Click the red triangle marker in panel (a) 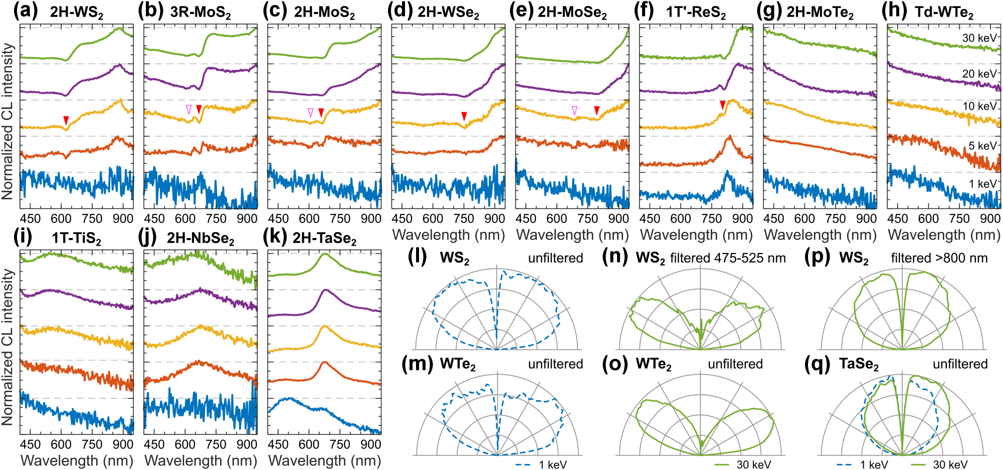pyautogui.click(x=66, y=120)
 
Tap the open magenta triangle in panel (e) pyautogui.click(x=574, y=110)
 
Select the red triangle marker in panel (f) pyautogui.click(x=722, y=105)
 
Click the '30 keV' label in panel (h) pyautogui.click(x=979, y=38)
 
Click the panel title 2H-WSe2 pyautogui.click(x=448, y=12)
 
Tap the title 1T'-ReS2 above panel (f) pyautogui.click(x=696, y=12)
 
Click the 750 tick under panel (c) pyautogui.click(x=340, y=218)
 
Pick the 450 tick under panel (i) pyautogui.click(x=30, y=444)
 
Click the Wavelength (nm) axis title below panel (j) pyautogui.click(x=200, y=460)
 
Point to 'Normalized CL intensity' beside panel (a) pyautogui.click(x=8, y=121)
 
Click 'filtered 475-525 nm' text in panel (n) pyautogui.click(x=728, y=258)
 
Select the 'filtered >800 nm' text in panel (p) pyautogui.click(x=939, y=258)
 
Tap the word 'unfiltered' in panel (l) pyautogui.click(x=555, y=258)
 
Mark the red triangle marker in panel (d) pyautogui.click(x=464, y=116)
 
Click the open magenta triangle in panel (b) pyautogui.click(x=188, y=109)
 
